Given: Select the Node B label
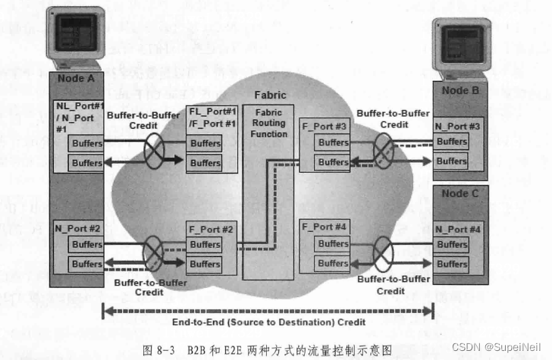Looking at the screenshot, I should click(460, 91).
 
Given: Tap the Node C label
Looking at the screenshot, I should click(459, 193).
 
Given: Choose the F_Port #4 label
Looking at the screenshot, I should click(324, 227).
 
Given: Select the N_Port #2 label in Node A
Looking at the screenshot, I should click(79, 227).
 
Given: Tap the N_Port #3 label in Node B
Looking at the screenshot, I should click(457, 126).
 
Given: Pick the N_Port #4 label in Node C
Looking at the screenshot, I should click(457, 229).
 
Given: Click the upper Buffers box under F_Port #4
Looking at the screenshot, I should click(333, 244).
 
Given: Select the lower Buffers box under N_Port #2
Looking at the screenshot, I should click(86, 265).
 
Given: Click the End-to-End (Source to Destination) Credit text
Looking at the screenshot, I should click(268, 322).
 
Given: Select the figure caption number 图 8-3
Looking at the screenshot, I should click(165, 350).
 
